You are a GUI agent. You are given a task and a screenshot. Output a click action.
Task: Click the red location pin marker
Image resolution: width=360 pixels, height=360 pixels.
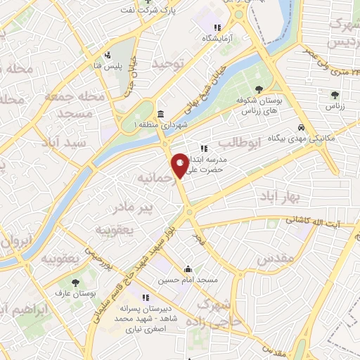[x=181, y=165]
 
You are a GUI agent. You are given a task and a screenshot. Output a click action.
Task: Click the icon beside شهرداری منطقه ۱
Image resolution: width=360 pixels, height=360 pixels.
[x=161, y=115]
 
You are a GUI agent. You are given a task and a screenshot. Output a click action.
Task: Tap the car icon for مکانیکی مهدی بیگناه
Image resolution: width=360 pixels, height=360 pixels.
[x=301, y=128]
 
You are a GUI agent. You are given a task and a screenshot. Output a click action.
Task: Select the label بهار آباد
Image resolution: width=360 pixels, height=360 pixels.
[x=278, y=194]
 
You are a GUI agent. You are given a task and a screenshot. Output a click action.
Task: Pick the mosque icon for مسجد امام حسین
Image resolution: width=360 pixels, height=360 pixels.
[x=188, y=269]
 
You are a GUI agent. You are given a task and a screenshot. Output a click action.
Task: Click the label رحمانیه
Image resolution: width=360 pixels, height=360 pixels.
[x=155, y=175]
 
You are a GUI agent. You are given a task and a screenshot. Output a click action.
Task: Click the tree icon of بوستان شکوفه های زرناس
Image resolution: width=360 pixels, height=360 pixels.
[x=260, y=89]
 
